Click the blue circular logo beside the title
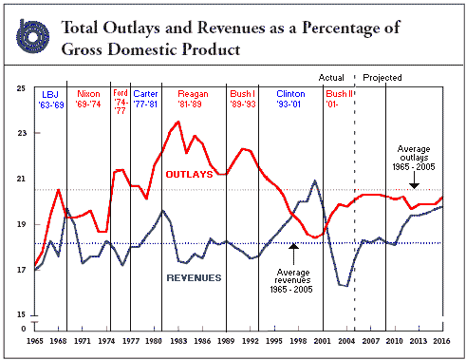32,36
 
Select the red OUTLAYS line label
190,174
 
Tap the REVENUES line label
194,277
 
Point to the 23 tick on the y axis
22,133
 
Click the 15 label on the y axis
21,314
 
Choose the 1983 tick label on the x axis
178,341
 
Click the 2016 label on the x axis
441,341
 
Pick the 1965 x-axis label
35,341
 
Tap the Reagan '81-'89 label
193,99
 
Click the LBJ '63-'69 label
51,100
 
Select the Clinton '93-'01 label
290,99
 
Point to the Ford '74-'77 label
121,102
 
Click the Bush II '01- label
339,99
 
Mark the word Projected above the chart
382,78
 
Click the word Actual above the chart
331,78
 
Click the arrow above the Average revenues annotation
293,255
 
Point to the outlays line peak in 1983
178,122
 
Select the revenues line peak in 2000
314,181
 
